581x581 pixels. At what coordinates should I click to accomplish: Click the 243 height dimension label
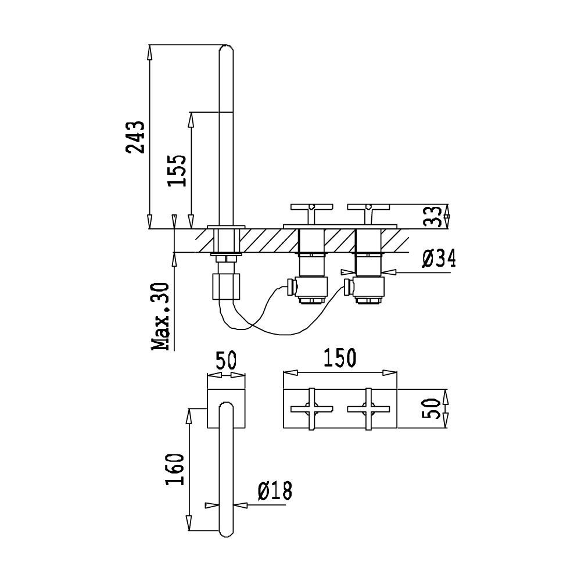135,137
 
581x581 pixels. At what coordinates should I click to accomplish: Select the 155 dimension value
177,170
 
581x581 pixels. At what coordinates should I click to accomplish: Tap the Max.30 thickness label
161,317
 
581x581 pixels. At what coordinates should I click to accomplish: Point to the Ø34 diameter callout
439,258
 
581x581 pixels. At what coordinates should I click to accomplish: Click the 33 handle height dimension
432,216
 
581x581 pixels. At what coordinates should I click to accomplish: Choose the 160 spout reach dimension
175,469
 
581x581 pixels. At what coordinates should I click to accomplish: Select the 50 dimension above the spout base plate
225,359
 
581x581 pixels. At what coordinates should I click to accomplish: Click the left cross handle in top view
311,409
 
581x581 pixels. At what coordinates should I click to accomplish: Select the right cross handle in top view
368,409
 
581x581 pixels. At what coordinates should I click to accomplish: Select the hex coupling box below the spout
227,286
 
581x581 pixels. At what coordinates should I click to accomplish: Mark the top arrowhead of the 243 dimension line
149,52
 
